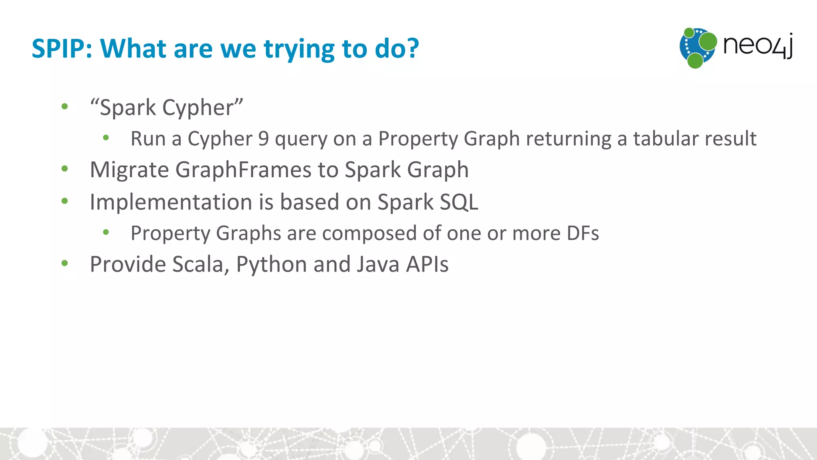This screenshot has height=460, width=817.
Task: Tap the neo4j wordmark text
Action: tap(758, 46)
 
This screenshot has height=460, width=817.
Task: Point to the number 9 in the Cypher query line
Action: tap(263, 139)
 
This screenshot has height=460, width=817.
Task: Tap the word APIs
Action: tap(427, 265)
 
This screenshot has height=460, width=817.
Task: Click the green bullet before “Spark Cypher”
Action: tap(65, 107)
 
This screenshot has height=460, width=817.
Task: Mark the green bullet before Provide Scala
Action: tap(65, 263)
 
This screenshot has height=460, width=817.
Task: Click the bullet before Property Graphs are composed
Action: tap(106, 232)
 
